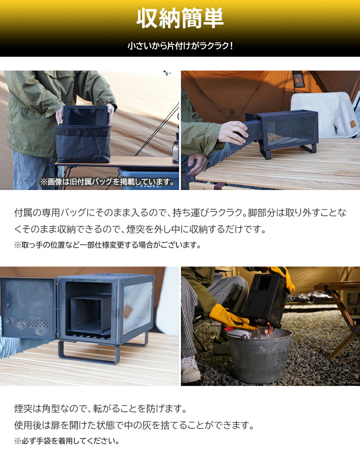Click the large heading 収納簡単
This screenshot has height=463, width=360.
(x=180, y=18)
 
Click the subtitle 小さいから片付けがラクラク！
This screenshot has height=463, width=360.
(x=180, y=46)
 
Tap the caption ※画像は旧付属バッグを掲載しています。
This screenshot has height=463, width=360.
(x=109, y=182)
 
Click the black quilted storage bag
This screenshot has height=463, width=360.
(x=83, y=143)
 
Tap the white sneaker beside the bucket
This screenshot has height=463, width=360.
(x=191, y=369)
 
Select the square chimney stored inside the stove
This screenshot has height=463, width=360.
(x=90, y=314)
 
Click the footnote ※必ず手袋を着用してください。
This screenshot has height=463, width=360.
(x=67, y=441)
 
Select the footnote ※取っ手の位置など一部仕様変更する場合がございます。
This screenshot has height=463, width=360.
(x=108, y=245)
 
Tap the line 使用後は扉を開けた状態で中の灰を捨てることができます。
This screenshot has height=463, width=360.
(x=134, y=425)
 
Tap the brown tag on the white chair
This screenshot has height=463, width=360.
(x=352, y=124)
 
